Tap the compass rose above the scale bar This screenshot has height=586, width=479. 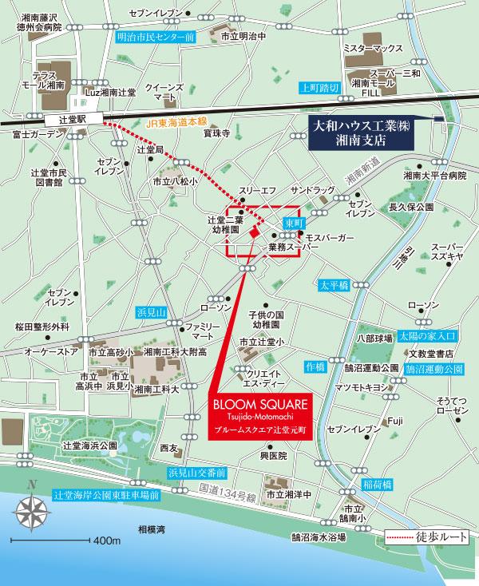pyautogui.click(x=30, y=509)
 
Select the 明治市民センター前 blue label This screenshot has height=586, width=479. pyautogui.click(x=156, y=37)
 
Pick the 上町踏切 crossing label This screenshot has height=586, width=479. pyautogui.click(x=319, y=87)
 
